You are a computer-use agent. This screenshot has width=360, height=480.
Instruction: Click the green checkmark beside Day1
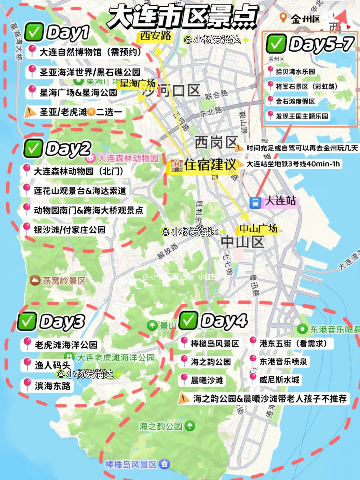[x=34, y=32]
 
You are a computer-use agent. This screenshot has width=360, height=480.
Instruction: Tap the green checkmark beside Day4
[x=188, y=321]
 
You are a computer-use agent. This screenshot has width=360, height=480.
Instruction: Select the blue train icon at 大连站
[x=255, y=202]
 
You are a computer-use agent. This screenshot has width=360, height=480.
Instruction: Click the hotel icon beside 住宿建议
[x=176, y=165]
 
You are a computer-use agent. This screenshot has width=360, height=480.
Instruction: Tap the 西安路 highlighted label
[x=155, y=36]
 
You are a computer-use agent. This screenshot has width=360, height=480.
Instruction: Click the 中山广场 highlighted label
[x=258, y=229]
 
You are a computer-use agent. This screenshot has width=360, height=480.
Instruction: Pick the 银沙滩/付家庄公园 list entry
[x=69, y=230]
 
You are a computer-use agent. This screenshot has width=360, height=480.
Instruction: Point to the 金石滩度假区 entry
[x=295, y=101]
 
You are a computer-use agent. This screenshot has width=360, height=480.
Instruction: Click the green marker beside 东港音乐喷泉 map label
[x=302, y=329]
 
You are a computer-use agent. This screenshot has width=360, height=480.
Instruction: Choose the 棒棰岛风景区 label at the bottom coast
[x=131, y=464]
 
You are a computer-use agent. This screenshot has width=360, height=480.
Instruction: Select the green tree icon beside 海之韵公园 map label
[x=190, y=426]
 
